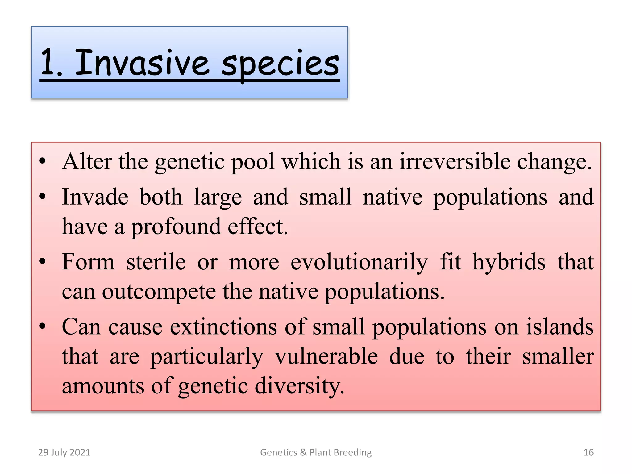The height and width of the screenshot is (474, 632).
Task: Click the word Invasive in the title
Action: pyautogui.click(x=142, y=63)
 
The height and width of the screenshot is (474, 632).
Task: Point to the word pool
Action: pyautogui.click(x=253, y=162)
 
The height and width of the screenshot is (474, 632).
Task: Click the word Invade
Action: pyautogui.click(x=95, y=197)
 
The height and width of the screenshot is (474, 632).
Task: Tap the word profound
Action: pyautogui.click(x=176, y=227)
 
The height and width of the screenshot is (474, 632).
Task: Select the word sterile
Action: pyautogui.click(x=156, y=262)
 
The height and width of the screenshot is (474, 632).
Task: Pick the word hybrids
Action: pyautogui.click(x=509, y=262)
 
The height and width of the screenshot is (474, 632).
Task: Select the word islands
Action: pyautogui.click(x=560, y=327)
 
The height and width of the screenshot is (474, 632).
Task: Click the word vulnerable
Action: pyautogui.click(x=326, y=356)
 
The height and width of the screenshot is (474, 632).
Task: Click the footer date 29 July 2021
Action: pyautogui.click(x=64, y=452)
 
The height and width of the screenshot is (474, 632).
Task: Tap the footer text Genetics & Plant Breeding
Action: pyautogui.click(x=316, y=452)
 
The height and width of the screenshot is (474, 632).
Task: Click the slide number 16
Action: pyautogui.click(x=588, y=452)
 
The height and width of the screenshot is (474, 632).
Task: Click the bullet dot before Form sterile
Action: pyautogui.click(x=43, y=262)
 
